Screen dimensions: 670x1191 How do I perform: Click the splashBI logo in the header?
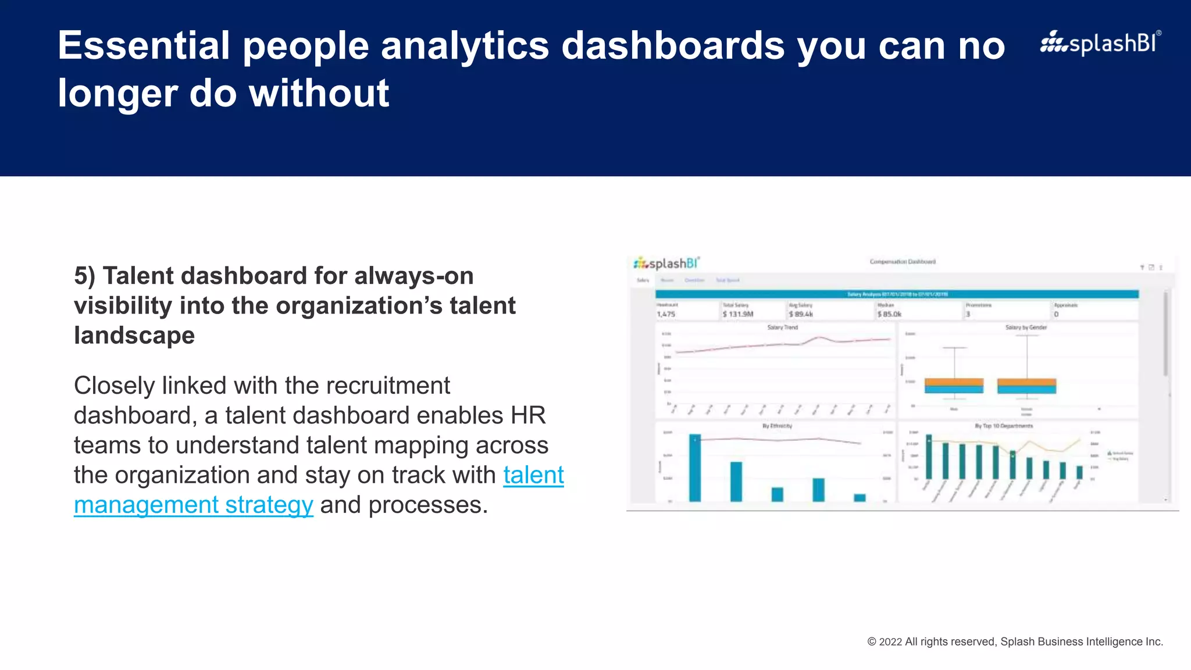pyautogui.click(x=1100, y=43)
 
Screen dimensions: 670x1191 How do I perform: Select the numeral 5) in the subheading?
pyautogui.click(x=84, y=276)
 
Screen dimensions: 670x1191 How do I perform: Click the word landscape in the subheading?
pyautogui.click(x=134, y=336)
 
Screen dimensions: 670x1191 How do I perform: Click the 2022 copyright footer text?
pyautogui.click(x=1015, y=642)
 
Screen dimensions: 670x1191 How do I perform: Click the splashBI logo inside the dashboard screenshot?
pyautogui.click(x=666, y=263)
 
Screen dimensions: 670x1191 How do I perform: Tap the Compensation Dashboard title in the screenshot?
pyautogui.click(x=903, y=262)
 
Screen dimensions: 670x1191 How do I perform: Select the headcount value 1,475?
pyautogui.click(x=666, y=314)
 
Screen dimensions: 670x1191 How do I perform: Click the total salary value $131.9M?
pyautogui.click(x=738, y=314)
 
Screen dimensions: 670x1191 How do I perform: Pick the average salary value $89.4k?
pyautogui.click(x=801, y=314)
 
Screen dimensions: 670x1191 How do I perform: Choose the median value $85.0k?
pyautogui.click(x=889, y=314)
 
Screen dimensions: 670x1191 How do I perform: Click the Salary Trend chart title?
pyautogui.click(x=782, y=327)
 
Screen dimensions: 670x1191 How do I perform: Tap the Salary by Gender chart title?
pyautogui.click(x=1026, y=327)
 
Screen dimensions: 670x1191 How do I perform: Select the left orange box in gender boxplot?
pyautogui.click(x=954, y=382)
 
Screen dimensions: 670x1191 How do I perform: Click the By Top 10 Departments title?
pyautogui.click(x=1004, y=426)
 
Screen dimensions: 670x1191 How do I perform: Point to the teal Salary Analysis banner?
pyautogui.click(x=897, y=294)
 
